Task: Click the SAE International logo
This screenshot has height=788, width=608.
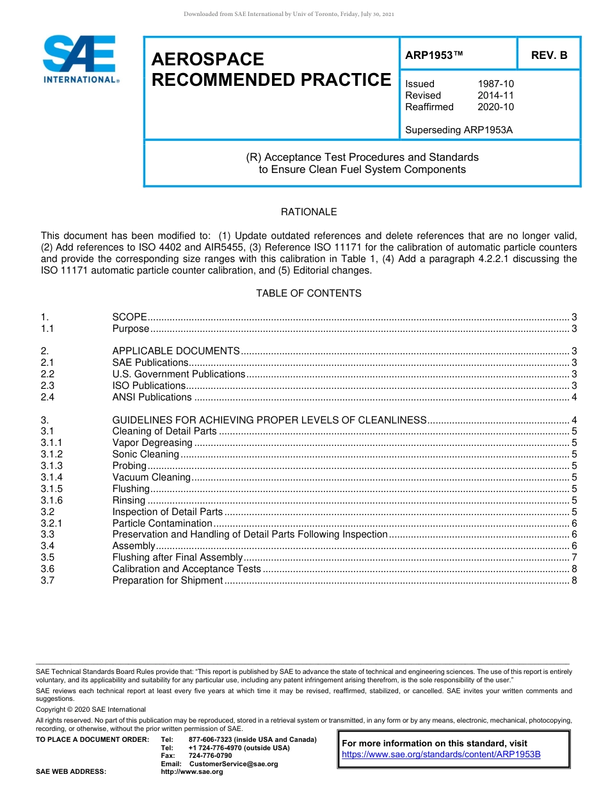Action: point(80,60)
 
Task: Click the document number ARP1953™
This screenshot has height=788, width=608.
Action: point(434,55)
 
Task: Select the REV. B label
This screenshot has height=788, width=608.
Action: point(549,55)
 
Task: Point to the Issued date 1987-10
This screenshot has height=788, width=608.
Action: point(495,84)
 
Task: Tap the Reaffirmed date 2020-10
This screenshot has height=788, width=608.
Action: point(495,107)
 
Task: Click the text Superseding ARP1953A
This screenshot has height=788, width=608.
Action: point(459,130)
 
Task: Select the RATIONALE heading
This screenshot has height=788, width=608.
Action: point(308,212)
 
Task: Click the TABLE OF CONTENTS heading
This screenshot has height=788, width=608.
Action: point(308,293)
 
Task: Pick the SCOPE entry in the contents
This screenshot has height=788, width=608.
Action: point(130,317)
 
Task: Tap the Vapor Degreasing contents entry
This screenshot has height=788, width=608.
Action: point(152,443)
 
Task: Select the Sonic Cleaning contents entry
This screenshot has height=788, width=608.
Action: point(146,454)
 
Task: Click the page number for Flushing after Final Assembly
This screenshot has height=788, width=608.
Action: point(575,557)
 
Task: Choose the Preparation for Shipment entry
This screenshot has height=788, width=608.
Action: point(168,580)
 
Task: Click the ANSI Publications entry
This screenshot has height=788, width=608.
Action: point(152,397)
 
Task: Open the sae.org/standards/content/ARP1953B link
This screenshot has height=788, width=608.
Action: point(441,754)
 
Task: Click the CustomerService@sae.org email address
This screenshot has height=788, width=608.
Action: point(233,764)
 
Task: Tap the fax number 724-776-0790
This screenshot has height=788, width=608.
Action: point(210,756)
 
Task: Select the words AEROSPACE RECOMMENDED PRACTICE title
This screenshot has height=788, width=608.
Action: point(271,70)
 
